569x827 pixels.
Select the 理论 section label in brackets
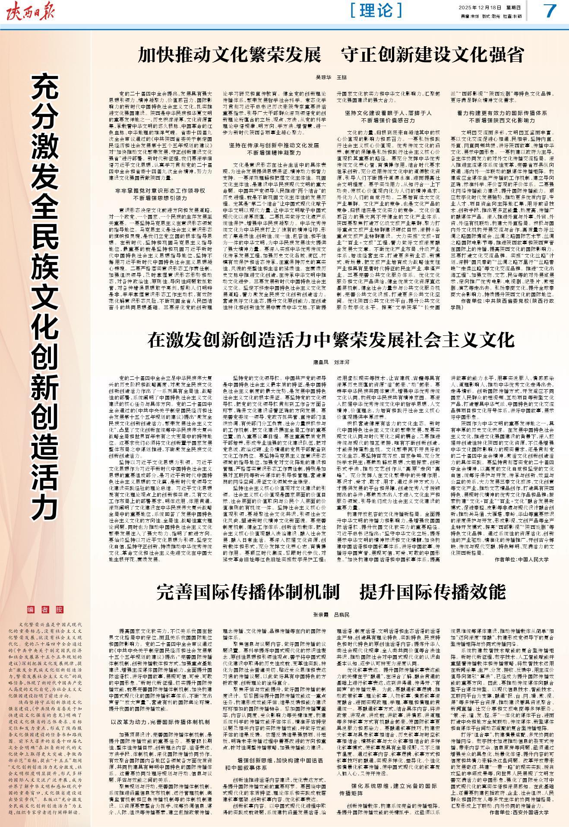[x=376, y=10]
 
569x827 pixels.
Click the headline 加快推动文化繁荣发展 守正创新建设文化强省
[x=331, y=55]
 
